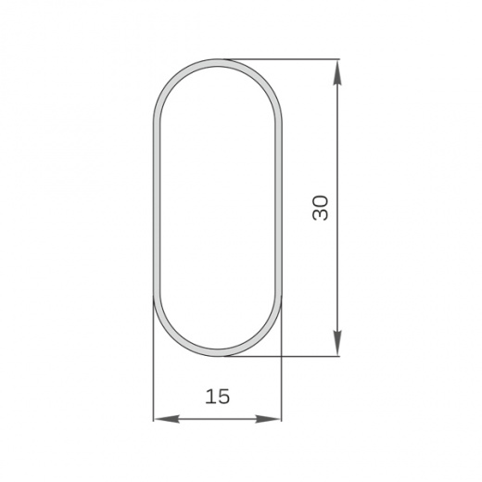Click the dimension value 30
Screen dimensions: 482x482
coord(320,208)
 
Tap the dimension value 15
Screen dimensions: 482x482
coord(218,397)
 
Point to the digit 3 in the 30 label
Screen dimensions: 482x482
coord(320,215)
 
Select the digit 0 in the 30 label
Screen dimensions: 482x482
coord(320,201)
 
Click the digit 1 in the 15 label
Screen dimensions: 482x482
coord(209,397)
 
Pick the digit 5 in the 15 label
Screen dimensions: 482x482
coord(223,397)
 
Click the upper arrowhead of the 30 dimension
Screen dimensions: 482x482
coord(337,71)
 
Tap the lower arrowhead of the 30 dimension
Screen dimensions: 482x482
coord(337,343)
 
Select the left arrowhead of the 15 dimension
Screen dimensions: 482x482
coord(166,419)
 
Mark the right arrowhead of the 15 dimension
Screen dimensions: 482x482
coord(268,419)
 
